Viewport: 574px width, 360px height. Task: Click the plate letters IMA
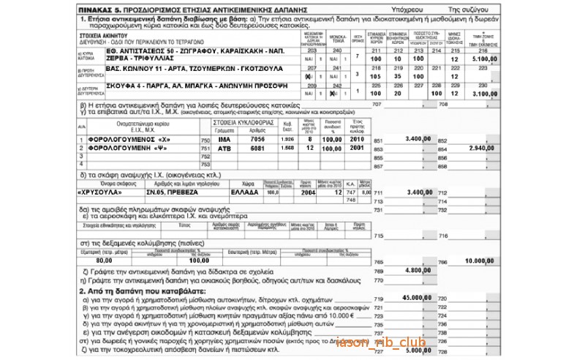coord(223,138)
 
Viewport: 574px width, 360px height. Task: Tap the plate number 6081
coord(258,147)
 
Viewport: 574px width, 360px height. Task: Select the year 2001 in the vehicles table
coord(357,147)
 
